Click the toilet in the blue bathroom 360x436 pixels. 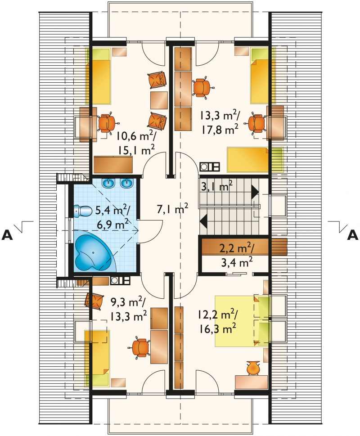(x=83, y=211)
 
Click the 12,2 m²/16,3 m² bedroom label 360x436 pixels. (x=217, y=321)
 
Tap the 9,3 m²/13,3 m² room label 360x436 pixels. (x=128, y=309)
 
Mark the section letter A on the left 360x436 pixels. (x=7, y=235)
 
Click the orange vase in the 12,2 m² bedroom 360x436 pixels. (x=253, y=368)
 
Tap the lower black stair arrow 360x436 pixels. (x=203, y=221)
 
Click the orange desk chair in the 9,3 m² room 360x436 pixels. (x=140, y=347)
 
